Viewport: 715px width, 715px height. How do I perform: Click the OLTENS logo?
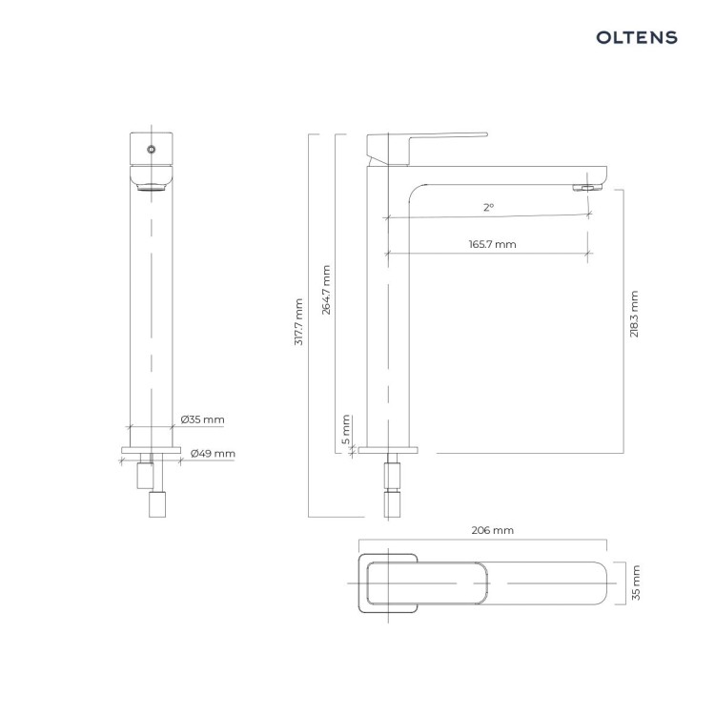pyautogui.click(x=637, y=37)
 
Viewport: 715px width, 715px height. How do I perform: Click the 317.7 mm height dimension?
pyautogui.click(x=298, y=322)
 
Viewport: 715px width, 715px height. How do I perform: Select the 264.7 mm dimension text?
pyautogui.click(x=326, y=290)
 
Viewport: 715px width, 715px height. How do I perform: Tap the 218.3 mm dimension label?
pyautogui.click(x=634, y=314)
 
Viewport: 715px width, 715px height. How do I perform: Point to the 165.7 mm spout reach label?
pyautogui.click(x=493, y=244)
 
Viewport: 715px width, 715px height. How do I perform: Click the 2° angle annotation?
pyautogui.click(x=488, y=208)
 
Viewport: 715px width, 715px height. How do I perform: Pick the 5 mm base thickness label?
pyautogui.click(x=346, y=430)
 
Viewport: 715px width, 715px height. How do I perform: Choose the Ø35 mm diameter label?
pyautogui.click(x=202, y=419)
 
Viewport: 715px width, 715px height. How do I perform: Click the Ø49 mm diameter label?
pyautogui.click(x=213, y=454)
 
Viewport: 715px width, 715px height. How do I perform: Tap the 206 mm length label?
pyautogui.click(x=493, y=530)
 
